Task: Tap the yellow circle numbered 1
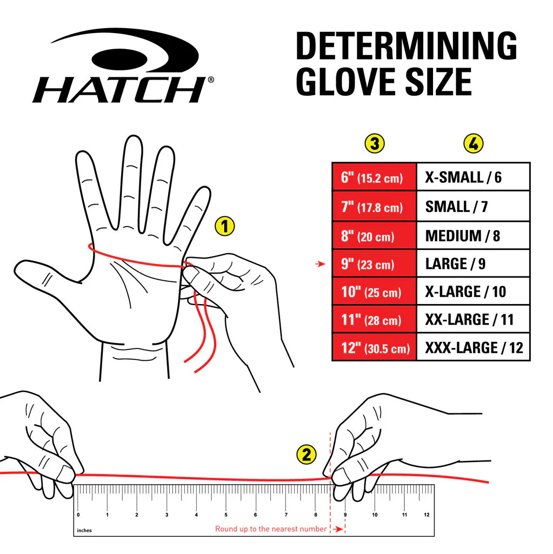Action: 225,226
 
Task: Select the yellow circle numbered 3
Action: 375,144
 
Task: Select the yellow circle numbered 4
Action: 474,144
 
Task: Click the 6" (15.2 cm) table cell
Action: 374,177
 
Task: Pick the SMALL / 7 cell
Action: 473,207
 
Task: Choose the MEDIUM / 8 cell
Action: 473,236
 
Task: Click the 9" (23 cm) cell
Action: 374,265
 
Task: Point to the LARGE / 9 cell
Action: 473,265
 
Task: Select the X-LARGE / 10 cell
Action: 473,292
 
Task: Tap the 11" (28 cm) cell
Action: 374,320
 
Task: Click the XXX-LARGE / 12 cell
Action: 473,347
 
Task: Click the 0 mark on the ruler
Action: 78,515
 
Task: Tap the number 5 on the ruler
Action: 226,515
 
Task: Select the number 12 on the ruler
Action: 427,515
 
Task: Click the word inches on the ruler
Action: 84,530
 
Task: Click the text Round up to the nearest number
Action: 271,529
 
